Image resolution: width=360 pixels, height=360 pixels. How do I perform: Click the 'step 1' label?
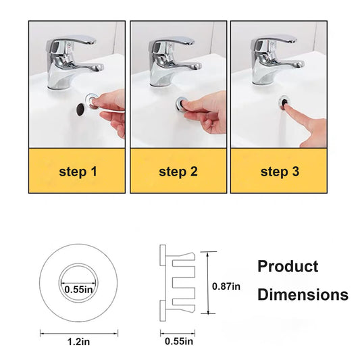(78, 172)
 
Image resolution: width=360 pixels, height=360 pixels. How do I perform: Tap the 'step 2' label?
(178, 172)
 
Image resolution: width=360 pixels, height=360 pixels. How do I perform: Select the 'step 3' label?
(280, 172)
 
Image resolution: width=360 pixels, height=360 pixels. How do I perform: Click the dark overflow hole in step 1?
(80, 109)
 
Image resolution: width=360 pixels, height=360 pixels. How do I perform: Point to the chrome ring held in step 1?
(92, 101)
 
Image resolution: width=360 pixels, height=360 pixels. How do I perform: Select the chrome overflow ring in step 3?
(284, 103)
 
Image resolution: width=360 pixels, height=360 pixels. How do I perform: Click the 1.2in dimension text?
(79, 342)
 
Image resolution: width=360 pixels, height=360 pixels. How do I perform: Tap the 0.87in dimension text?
(226, 286)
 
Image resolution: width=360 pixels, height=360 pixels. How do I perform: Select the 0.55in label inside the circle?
(78, 290)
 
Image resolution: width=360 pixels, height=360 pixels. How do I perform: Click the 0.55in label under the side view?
(179, 341)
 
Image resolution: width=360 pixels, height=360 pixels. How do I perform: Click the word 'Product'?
(288, 266)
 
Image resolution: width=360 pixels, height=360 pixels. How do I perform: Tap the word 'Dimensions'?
(303, 294)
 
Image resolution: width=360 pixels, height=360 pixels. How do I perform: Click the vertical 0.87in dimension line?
(208, 282)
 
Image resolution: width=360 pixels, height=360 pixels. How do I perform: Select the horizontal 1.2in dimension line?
(79, 333)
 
